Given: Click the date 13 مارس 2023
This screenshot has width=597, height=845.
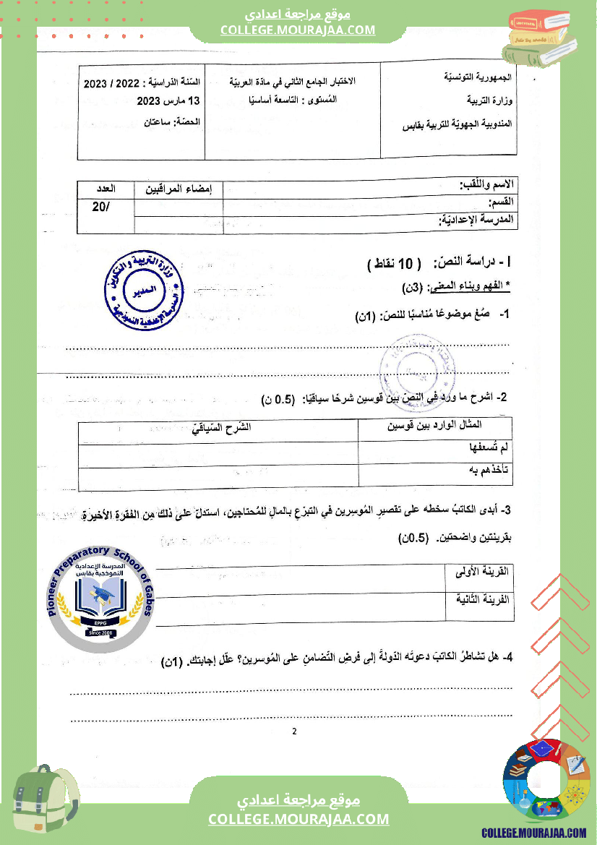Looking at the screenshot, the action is click(x=163, y=100).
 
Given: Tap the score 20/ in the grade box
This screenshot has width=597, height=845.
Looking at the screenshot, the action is click(x=103, y=207).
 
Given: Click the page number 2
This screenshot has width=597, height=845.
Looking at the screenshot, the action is click(x=294, y=731).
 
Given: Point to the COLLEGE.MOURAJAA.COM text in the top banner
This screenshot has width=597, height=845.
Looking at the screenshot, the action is click(x=298, y=30).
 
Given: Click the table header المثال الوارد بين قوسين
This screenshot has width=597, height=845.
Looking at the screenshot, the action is click(x=434, y=425).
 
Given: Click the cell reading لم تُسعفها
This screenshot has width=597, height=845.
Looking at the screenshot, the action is click(x=490, y=448).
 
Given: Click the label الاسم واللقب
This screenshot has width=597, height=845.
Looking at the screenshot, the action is click(x=487, y=186).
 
